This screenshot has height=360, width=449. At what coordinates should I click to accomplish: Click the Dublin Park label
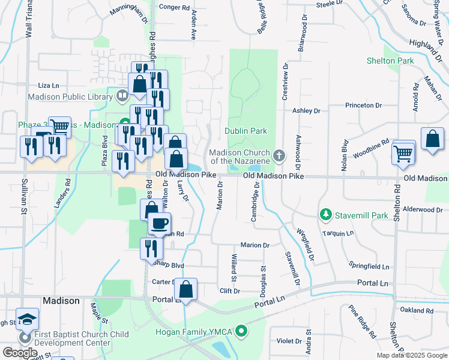click(x=246, y=131)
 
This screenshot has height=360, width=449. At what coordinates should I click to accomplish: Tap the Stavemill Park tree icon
click(x=326, y=214)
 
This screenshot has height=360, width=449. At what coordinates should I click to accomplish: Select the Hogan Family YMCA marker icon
click(x=241, y=331)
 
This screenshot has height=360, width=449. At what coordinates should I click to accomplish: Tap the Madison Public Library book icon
click(x=122, y=95)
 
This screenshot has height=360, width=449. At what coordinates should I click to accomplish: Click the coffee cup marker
click(x=159, y=223)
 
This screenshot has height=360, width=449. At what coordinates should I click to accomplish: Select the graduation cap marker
click(x=27, y=318)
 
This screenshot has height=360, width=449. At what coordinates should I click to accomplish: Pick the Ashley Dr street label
click(x=306, y=111)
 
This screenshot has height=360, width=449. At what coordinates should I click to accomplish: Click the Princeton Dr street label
click(x=364, y=106)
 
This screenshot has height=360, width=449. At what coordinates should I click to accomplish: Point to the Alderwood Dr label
click(x=426, y=210)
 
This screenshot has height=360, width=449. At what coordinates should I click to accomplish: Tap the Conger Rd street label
click(x=173, y=7)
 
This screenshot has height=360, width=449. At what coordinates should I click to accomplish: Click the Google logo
click(x=19, y=353)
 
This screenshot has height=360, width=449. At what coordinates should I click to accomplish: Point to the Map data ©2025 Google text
click(x=412, y=355)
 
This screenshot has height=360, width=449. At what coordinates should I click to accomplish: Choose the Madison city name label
click(x=61, y=301)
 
